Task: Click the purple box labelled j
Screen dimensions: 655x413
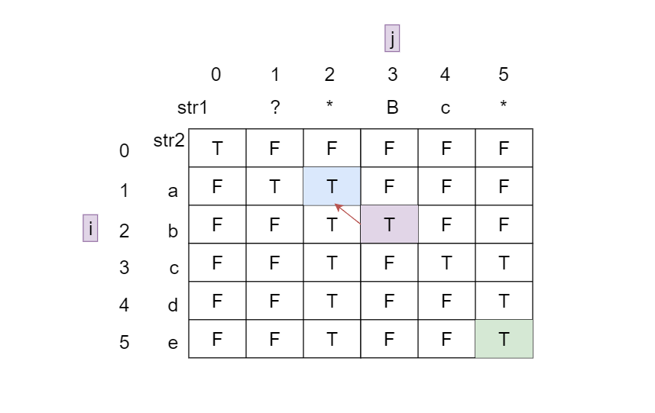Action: [392, 39]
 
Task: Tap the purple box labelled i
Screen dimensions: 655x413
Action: [91, 227]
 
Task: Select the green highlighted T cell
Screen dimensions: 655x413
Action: [504, 339]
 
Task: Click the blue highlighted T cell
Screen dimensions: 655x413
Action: [332, 186]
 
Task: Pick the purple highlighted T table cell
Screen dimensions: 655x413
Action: [389, 224]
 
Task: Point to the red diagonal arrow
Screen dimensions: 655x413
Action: [347, 213]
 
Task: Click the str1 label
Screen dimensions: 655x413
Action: [193, 108]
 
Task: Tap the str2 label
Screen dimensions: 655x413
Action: [170, 140]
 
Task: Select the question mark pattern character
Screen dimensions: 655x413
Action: [275, 108]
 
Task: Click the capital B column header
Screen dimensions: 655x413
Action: [392, 108]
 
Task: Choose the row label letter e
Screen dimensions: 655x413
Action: [173, 343]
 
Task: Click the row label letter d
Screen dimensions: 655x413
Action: [173, 305]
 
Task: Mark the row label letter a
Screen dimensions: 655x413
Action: [173, 191]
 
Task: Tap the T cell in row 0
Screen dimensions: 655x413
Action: [217, 148]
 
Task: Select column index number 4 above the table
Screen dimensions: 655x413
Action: [445, 75]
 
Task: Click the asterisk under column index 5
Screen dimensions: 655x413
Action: [503, 106]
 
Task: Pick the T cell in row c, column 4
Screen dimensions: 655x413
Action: [446, 263]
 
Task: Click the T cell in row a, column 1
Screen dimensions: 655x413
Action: [274, 186]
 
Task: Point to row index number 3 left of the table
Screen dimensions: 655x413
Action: [125, 267]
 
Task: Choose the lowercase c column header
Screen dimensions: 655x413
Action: [445, 108]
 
